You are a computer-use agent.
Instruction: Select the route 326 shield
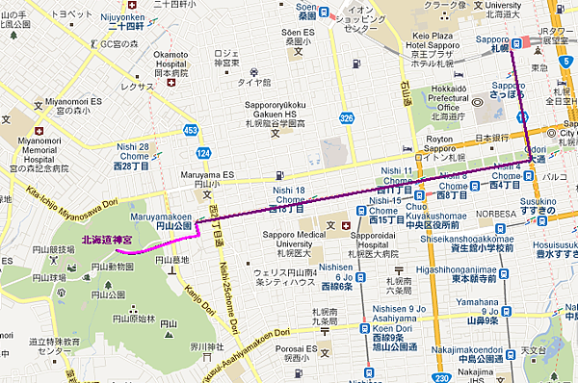coord(346,117)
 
